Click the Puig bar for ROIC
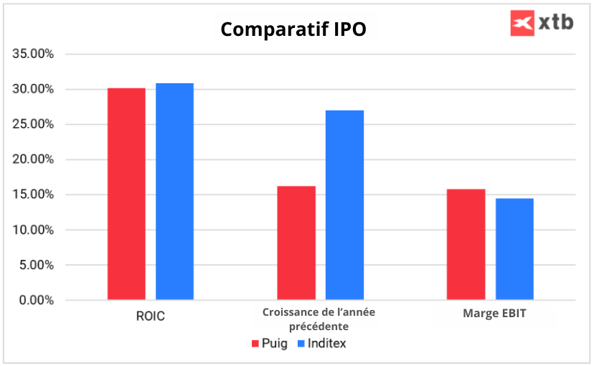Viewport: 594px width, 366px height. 126,194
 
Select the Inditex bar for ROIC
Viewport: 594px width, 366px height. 174,192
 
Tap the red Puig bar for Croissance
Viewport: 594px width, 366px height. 296,243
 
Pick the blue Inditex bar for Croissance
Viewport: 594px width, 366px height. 344,205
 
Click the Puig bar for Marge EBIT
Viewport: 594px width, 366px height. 466,244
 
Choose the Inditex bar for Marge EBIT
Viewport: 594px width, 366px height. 514,249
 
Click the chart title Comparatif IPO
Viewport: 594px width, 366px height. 293,29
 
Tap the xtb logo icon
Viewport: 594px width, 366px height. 522,23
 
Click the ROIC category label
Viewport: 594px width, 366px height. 150,316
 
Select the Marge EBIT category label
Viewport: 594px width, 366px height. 491,314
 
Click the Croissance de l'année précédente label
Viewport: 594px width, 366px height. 319,319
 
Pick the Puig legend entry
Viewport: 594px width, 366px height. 270,343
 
